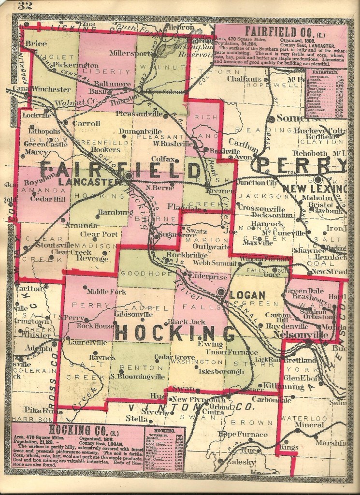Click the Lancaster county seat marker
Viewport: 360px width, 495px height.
pos(128,176)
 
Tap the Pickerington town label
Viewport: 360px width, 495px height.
pos(72,64)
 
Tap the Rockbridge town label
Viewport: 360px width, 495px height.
pos(184,255)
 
